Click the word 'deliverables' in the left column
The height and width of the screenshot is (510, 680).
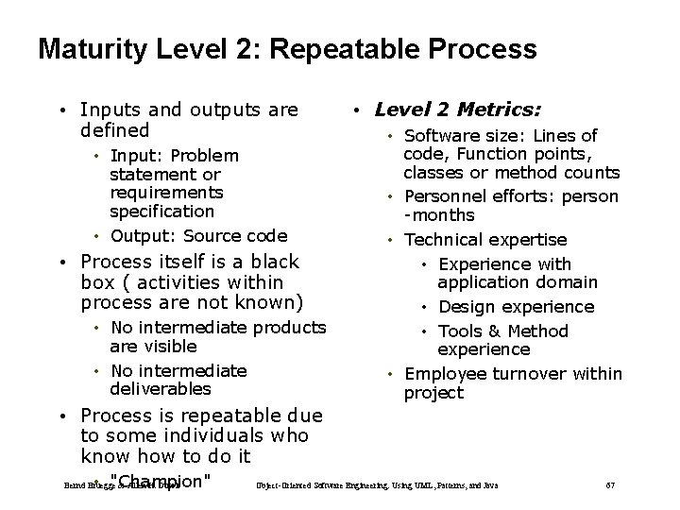tap(160, 389)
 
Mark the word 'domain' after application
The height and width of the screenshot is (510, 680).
tap(565, 282)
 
